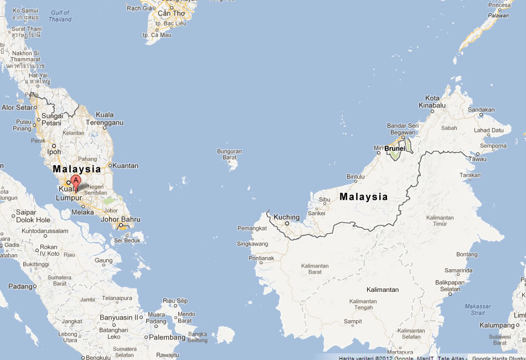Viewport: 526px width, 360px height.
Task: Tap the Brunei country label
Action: (395, 148)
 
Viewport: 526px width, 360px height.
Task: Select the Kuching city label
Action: (286, 217)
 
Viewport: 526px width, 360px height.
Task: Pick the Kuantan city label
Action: (126, 165)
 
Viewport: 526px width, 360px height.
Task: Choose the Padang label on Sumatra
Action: (20, 286)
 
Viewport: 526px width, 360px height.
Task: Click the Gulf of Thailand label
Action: (60, 16)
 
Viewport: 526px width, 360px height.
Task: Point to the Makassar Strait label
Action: (477, 310)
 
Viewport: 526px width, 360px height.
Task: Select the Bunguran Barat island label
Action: (229, 154)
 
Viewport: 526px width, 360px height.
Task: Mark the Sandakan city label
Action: (481, 110)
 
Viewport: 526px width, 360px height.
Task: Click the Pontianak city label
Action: (261, 258)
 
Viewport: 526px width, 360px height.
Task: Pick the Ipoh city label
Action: (54, 152)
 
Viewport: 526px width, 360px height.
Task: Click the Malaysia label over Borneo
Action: (363, 197)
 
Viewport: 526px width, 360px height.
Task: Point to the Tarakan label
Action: (470, 175)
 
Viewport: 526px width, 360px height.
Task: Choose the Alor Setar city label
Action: (16, 107)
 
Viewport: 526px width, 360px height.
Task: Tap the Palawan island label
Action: (498, 16)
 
